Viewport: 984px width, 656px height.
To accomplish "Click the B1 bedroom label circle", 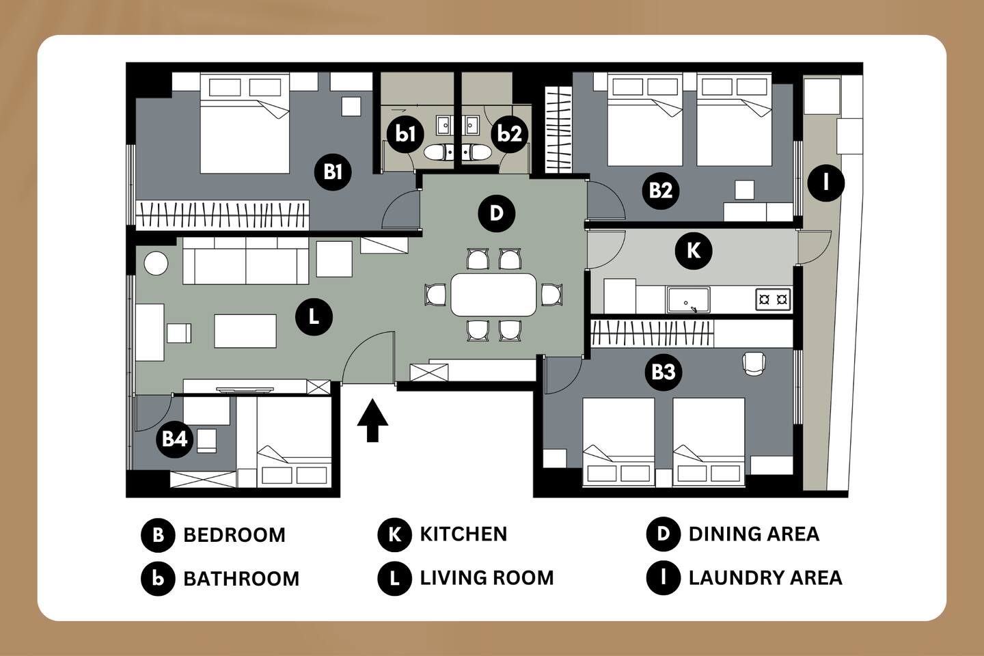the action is click(333, 172).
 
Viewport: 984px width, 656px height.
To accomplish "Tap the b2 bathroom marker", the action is click(510, 133).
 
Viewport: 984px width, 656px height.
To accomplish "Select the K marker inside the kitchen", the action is click(694, 251).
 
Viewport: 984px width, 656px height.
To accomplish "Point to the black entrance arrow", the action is click(372, 420).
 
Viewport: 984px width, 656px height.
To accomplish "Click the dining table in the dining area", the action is click(494, 295).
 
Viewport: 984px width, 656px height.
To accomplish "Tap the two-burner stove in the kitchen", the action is click(773, 300).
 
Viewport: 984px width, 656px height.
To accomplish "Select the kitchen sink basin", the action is click(688, 300).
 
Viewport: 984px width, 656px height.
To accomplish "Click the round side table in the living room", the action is click(156, 264).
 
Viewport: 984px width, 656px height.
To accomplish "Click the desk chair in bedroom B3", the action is click(754, 364).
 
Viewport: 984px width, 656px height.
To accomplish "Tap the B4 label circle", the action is click(175, 439).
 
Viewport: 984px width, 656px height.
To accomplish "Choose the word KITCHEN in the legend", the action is click(463, 534).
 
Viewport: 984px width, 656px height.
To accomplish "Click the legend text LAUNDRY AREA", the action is click(765, 578).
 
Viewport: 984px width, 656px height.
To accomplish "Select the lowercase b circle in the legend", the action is click(158, 579).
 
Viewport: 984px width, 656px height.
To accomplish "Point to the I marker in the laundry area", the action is click(826, 182).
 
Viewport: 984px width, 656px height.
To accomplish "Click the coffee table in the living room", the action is click(245, 331).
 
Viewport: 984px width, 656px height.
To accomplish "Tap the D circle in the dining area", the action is click(496, 213).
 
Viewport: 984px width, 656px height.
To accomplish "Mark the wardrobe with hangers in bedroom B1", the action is click(222, 215).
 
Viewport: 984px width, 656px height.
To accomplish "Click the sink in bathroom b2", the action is click(471, 125).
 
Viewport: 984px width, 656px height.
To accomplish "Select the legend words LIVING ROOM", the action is click(487, 578).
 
